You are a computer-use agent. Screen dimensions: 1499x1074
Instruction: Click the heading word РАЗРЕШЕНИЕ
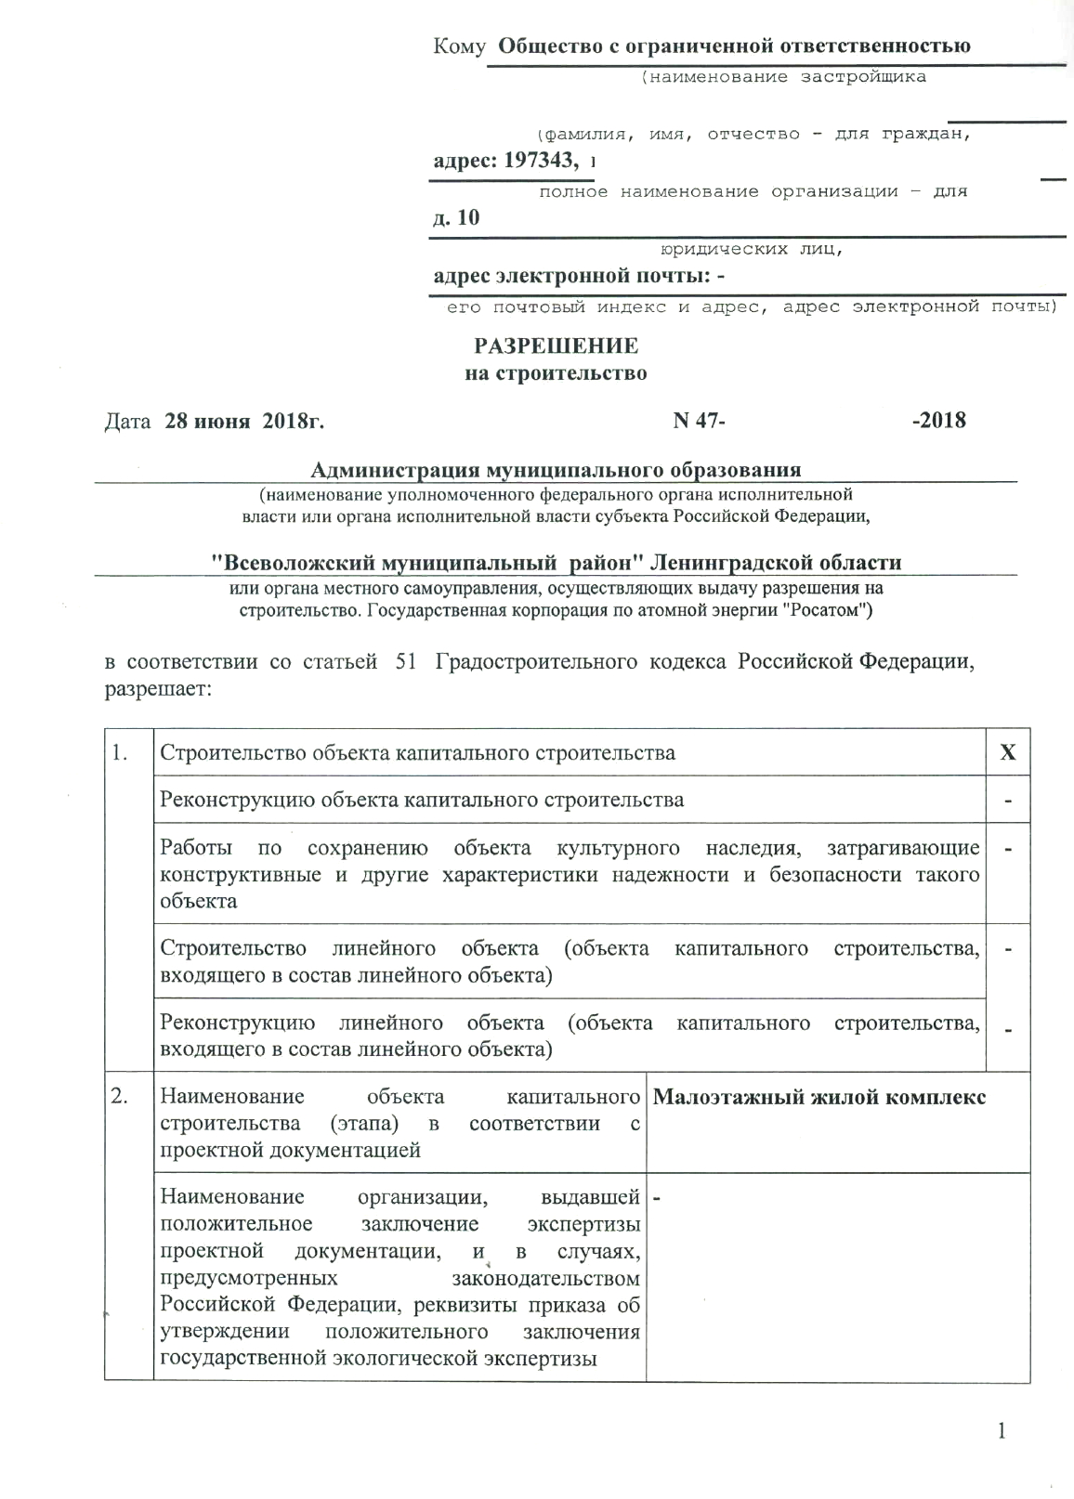556,346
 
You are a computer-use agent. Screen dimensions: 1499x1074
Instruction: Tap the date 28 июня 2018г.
244,421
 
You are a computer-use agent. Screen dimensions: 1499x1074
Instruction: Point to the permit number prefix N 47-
698,421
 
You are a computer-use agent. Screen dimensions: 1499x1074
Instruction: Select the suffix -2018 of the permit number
939,421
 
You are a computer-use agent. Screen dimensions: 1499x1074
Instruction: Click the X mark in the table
1007,752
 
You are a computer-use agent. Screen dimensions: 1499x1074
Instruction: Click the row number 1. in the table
120,752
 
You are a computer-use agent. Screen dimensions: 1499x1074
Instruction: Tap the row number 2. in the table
120,1097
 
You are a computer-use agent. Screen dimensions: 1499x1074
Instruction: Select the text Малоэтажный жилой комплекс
819,1097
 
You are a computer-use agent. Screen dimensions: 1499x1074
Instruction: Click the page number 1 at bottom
1002,1431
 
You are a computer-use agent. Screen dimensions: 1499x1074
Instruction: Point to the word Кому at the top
459,46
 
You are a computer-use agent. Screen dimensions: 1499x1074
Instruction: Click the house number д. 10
456,218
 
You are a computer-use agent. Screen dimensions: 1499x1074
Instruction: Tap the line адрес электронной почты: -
579,276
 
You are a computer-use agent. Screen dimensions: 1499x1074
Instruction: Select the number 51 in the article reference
406,663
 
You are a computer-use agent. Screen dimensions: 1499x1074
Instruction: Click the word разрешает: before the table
159,690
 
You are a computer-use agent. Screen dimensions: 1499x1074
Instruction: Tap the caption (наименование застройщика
782,77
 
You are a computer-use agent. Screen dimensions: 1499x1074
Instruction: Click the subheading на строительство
556,374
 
